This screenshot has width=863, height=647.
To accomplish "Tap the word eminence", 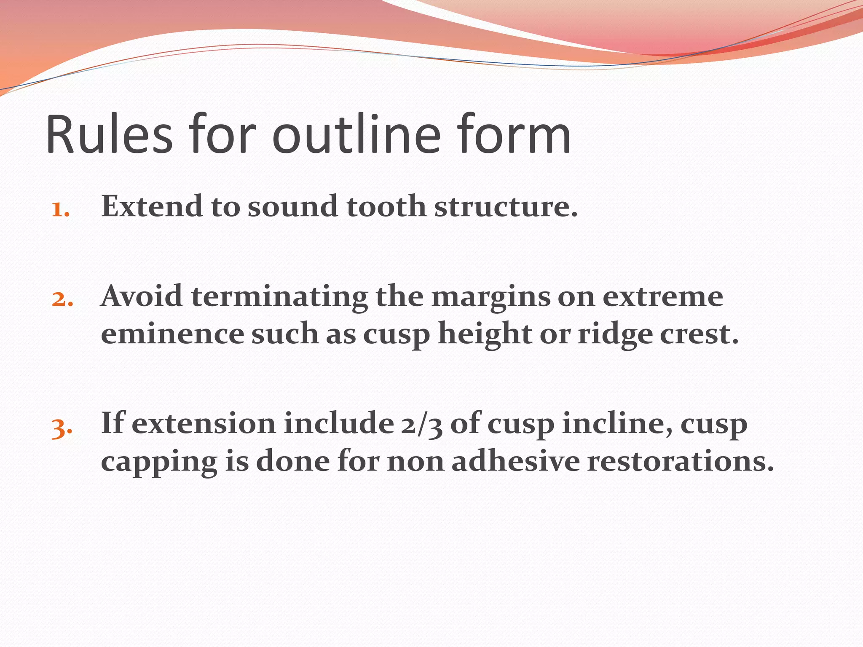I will click(172, 334).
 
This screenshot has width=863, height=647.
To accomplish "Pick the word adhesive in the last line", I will click(516, 461).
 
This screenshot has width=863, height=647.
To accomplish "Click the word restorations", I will click(680, 461).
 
